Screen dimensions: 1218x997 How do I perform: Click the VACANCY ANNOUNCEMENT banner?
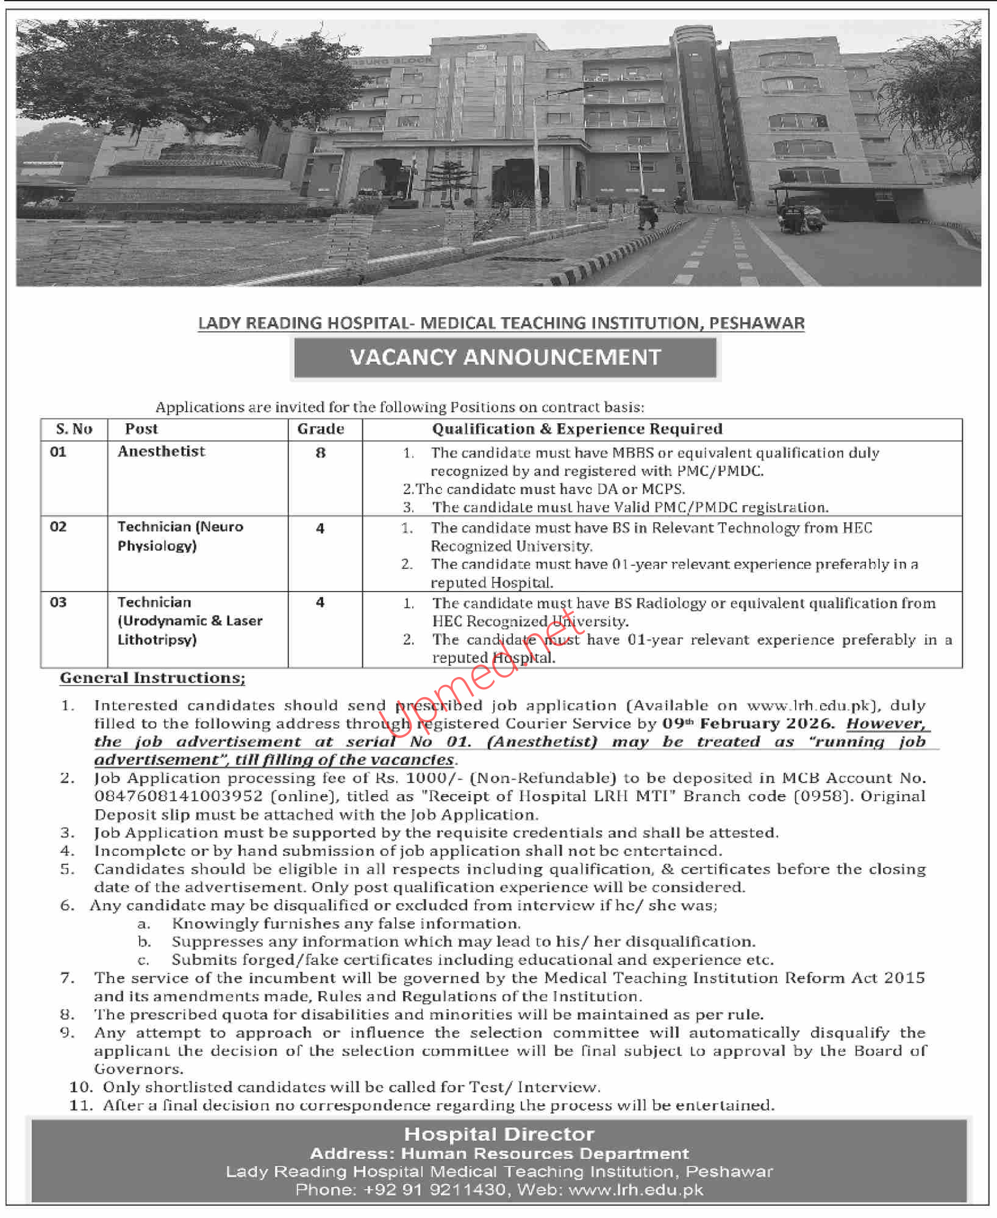tap(505, 357)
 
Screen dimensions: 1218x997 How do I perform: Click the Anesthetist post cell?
tap(162, 451)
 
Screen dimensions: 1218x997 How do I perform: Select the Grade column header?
tap(321, 429)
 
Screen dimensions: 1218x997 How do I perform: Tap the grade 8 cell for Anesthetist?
tap(321, 453)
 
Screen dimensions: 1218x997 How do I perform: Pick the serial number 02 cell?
tap(59, 527)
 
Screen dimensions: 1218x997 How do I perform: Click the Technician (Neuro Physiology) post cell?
tap(180, 536)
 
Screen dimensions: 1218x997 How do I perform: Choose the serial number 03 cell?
tap(59, 603)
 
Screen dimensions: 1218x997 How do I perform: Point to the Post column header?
tap(141, 429)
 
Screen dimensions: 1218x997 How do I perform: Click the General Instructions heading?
tap(152, 678)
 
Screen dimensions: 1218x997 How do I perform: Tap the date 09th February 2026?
tap(748, 724)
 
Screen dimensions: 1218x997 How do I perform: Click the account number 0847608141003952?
tap(179, 797)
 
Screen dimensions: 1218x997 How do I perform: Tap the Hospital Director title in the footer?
tap(499, 1134)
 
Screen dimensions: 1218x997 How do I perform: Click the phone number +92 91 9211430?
tap(435, 1190)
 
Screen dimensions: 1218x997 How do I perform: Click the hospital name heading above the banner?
tap(501, 323)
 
